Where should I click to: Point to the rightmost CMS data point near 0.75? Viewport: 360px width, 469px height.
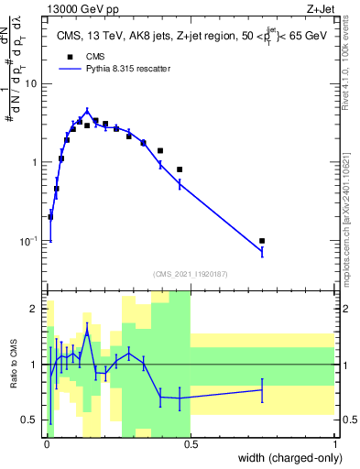262,241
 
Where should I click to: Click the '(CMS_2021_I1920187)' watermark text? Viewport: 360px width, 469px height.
191,273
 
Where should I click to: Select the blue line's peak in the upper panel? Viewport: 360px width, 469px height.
87,111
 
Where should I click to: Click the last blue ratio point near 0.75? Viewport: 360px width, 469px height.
262,389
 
